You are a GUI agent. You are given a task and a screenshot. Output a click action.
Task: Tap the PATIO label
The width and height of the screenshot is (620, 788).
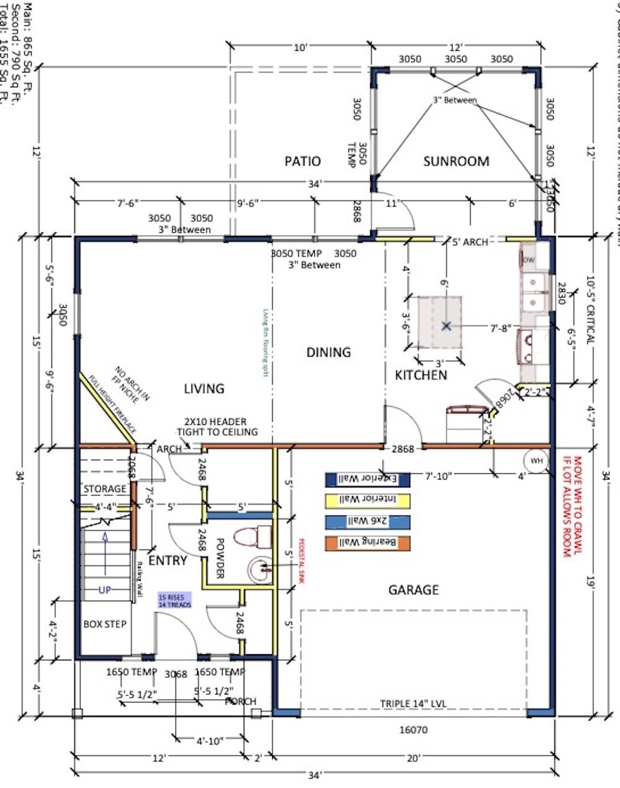pos(303,161)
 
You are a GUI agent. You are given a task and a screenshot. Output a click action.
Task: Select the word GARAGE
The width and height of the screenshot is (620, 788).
pos(414,590)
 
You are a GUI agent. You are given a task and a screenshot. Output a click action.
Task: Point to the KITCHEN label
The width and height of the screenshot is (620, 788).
pos(421,375)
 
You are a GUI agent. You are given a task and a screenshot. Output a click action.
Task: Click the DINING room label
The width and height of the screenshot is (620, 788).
pos(329,352)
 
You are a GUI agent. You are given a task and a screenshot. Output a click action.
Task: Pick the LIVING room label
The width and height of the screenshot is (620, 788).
pos(204,388)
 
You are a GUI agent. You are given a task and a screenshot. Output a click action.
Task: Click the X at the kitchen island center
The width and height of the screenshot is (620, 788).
pos(446,325)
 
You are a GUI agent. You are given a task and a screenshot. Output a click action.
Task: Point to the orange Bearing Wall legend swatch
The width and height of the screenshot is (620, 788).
pos(367,543)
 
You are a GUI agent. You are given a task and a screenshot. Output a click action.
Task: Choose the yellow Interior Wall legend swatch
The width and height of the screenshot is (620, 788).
pos(367,500)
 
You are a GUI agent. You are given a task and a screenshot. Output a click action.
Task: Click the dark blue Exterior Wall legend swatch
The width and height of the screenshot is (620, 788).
pos(367,478)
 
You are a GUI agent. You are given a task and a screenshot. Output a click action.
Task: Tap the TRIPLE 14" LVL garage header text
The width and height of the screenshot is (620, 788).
pos(414,704)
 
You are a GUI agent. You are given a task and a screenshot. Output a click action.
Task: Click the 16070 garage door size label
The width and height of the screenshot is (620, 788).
pos(414,730)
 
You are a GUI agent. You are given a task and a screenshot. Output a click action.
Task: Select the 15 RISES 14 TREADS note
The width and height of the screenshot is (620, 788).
pos(175,600)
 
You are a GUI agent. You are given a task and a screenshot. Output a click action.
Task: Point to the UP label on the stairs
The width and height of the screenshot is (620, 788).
pos(105,590)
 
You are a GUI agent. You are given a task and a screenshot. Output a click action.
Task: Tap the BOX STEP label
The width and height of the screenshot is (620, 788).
pos(105,624)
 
